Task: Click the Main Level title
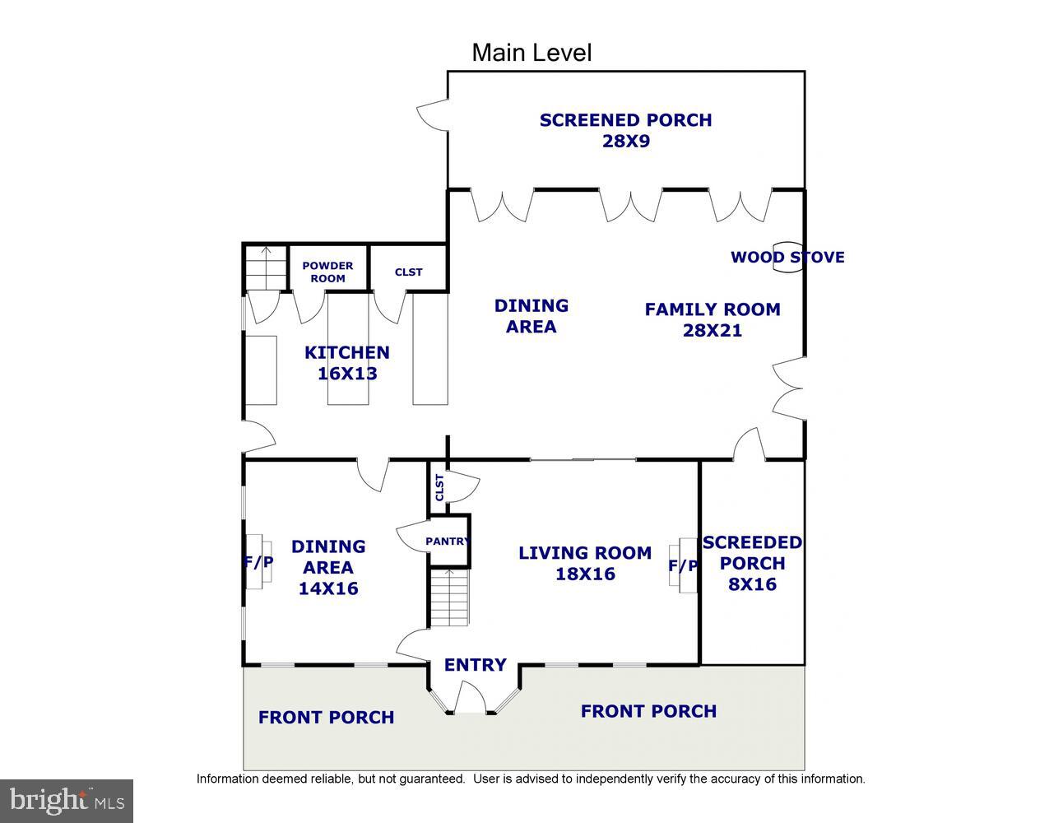531,53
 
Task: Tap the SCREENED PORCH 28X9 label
625,130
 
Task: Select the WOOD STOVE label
787,257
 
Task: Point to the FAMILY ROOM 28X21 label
712,319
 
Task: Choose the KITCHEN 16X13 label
346,362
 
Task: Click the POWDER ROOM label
327,272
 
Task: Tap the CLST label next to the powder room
408,272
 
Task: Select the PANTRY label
448,541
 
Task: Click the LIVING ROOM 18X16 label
584,563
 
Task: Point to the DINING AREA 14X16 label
328,567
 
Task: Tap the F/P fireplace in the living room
683,565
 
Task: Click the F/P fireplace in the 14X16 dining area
258,562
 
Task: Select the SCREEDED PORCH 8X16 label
752,563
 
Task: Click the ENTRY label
475,665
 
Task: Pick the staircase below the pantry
449,597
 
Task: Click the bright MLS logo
67,800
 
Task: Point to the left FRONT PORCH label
326,717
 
